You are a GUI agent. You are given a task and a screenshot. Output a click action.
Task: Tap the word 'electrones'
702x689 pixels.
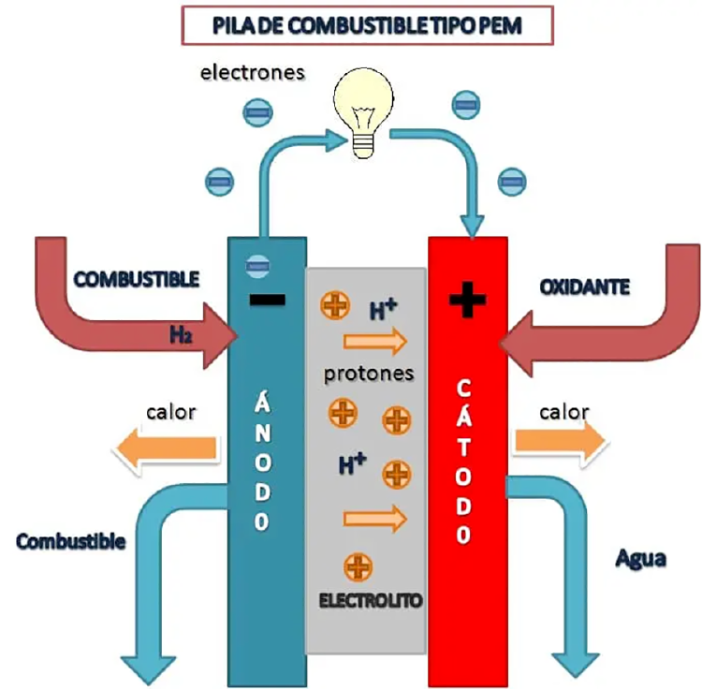pos(252,72)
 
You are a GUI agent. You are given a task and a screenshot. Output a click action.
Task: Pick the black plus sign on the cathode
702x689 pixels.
pos(468,301)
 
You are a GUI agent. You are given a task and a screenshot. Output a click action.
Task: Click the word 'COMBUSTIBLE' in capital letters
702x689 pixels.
pos(137,279)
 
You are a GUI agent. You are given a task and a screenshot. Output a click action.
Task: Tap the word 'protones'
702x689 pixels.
pos(369,374)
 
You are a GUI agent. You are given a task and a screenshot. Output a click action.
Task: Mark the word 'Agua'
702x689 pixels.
pos(640,559)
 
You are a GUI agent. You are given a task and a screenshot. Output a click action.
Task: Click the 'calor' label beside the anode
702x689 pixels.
pos(170,412)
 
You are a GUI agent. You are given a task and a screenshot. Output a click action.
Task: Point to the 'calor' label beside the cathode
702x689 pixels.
pos(564,412)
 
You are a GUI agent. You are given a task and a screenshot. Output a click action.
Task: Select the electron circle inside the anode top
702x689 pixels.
pos(252,266)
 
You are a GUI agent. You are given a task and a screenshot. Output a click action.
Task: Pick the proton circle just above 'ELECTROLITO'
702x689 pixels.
pos(358,566)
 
